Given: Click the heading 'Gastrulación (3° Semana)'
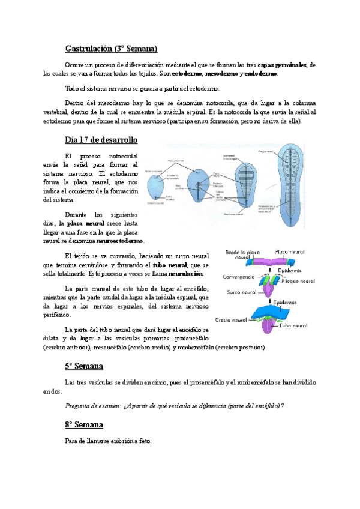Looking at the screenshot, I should [x=111, y=48].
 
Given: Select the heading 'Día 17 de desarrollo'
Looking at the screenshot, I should [x=101, y=140].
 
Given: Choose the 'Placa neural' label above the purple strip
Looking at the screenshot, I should [x=290, y=251].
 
